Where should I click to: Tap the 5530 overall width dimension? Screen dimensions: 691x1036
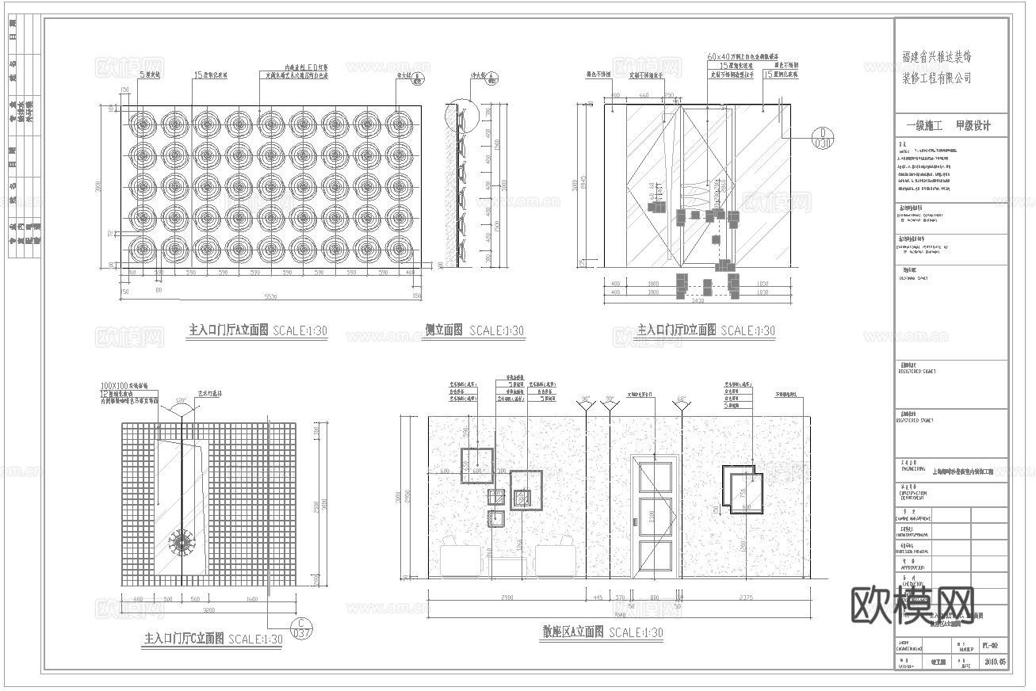tap(270, 296)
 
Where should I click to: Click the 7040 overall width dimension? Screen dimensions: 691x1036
tap(619, 614)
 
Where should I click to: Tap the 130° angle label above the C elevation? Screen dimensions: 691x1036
tap(181, 399)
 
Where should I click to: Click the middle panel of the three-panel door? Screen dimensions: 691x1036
tap(655, 516)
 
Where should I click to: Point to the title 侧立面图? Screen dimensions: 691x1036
tap(444, 330)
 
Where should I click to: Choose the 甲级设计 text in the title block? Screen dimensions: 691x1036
tap(973, 126)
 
